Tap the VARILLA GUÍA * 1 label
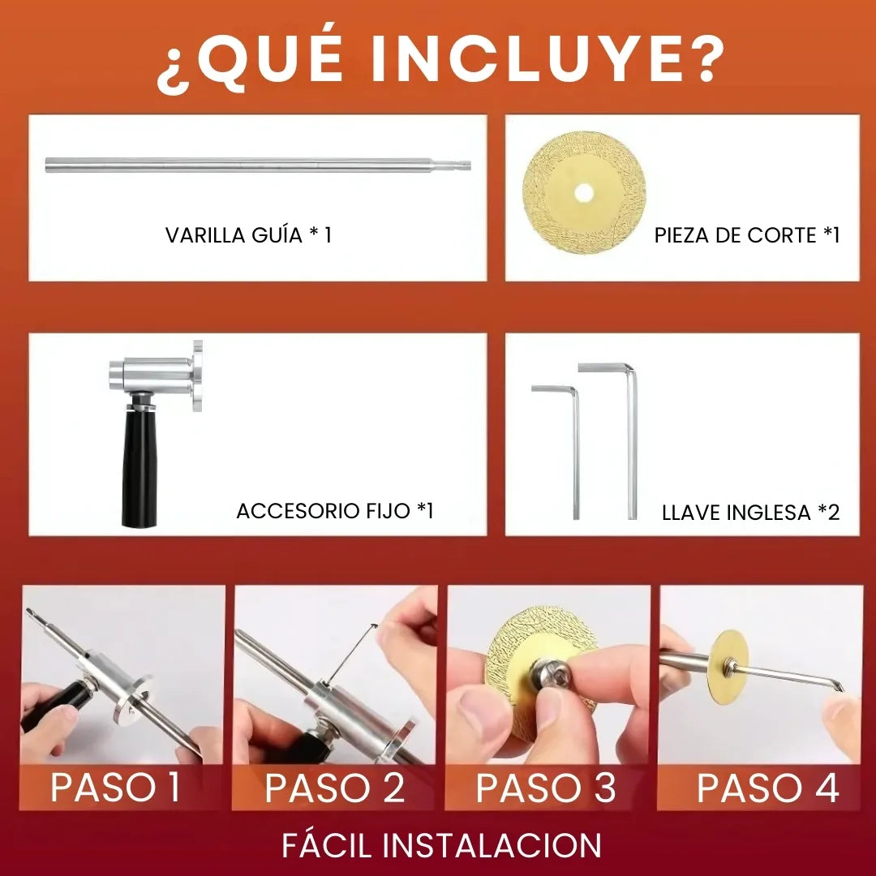pyautogui.click(x=248, y=235)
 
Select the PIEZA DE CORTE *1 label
pyautogui.click(x=746, y=235)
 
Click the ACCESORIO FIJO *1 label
pyautogui.click(x=335, y=511)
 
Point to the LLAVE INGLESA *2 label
pyautogui.click(x=750, y=513)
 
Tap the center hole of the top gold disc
pyautogui.click(x=583, y=193)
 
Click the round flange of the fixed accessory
pyautogui.click(x=196, y=375)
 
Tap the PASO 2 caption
pyautogui.click(x=334, y=788)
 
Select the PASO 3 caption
pyautogui.click(x=545, y=788)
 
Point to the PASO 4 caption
pyautogui.click(x=767, y=788)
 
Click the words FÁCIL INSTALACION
pyautogui.click(x=441, y=845)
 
